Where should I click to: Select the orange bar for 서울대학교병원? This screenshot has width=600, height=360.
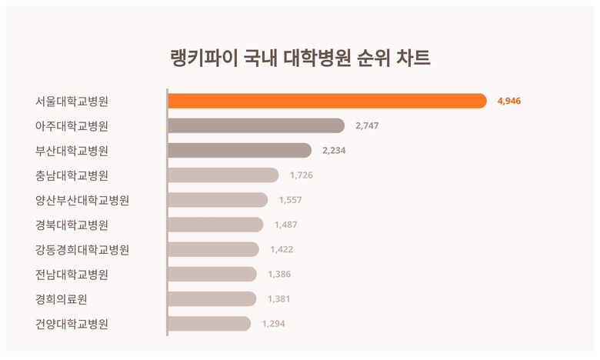tap(327, 101)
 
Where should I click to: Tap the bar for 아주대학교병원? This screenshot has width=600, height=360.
tap(255, 125)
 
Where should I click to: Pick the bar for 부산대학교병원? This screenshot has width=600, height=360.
tap(239, 150)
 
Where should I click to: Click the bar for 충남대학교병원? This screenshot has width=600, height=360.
tap(223, 175)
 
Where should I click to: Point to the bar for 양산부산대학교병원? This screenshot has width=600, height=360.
tap(218, 200)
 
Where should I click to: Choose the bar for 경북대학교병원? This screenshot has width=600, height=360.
tap(215, 225)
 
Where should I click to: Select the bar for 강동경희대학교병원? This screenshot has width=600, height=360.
tap(213, 249)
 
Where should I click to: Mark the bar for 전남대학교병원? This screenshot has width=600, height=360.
tap(212, 274)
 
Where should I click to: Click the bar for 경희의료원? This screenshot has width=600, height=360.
tap(212, 298)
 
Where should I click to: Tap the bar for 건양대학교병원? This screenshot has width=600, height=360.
tap(208, 324)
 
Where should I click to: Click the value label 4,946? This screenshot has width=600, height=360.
tap(509, 101)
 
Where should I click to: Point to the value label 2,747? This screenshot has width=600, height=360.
tap(367, 125)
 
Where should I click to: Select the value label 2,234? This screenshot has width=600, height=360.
tap(334, 150)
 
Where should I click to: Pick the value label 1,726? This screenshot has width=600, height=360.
tap(301, 175)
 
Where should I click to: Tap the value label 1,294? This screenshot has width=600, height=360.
tap(273, 324)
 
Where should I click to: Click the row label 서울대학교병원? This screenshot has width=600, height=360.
tap(72, 101)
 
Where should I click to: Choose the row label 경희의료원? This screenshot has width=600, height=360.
tap(62, 298)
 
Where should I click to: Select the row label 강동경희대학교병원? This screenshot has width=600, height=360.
tap(82, 249)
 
